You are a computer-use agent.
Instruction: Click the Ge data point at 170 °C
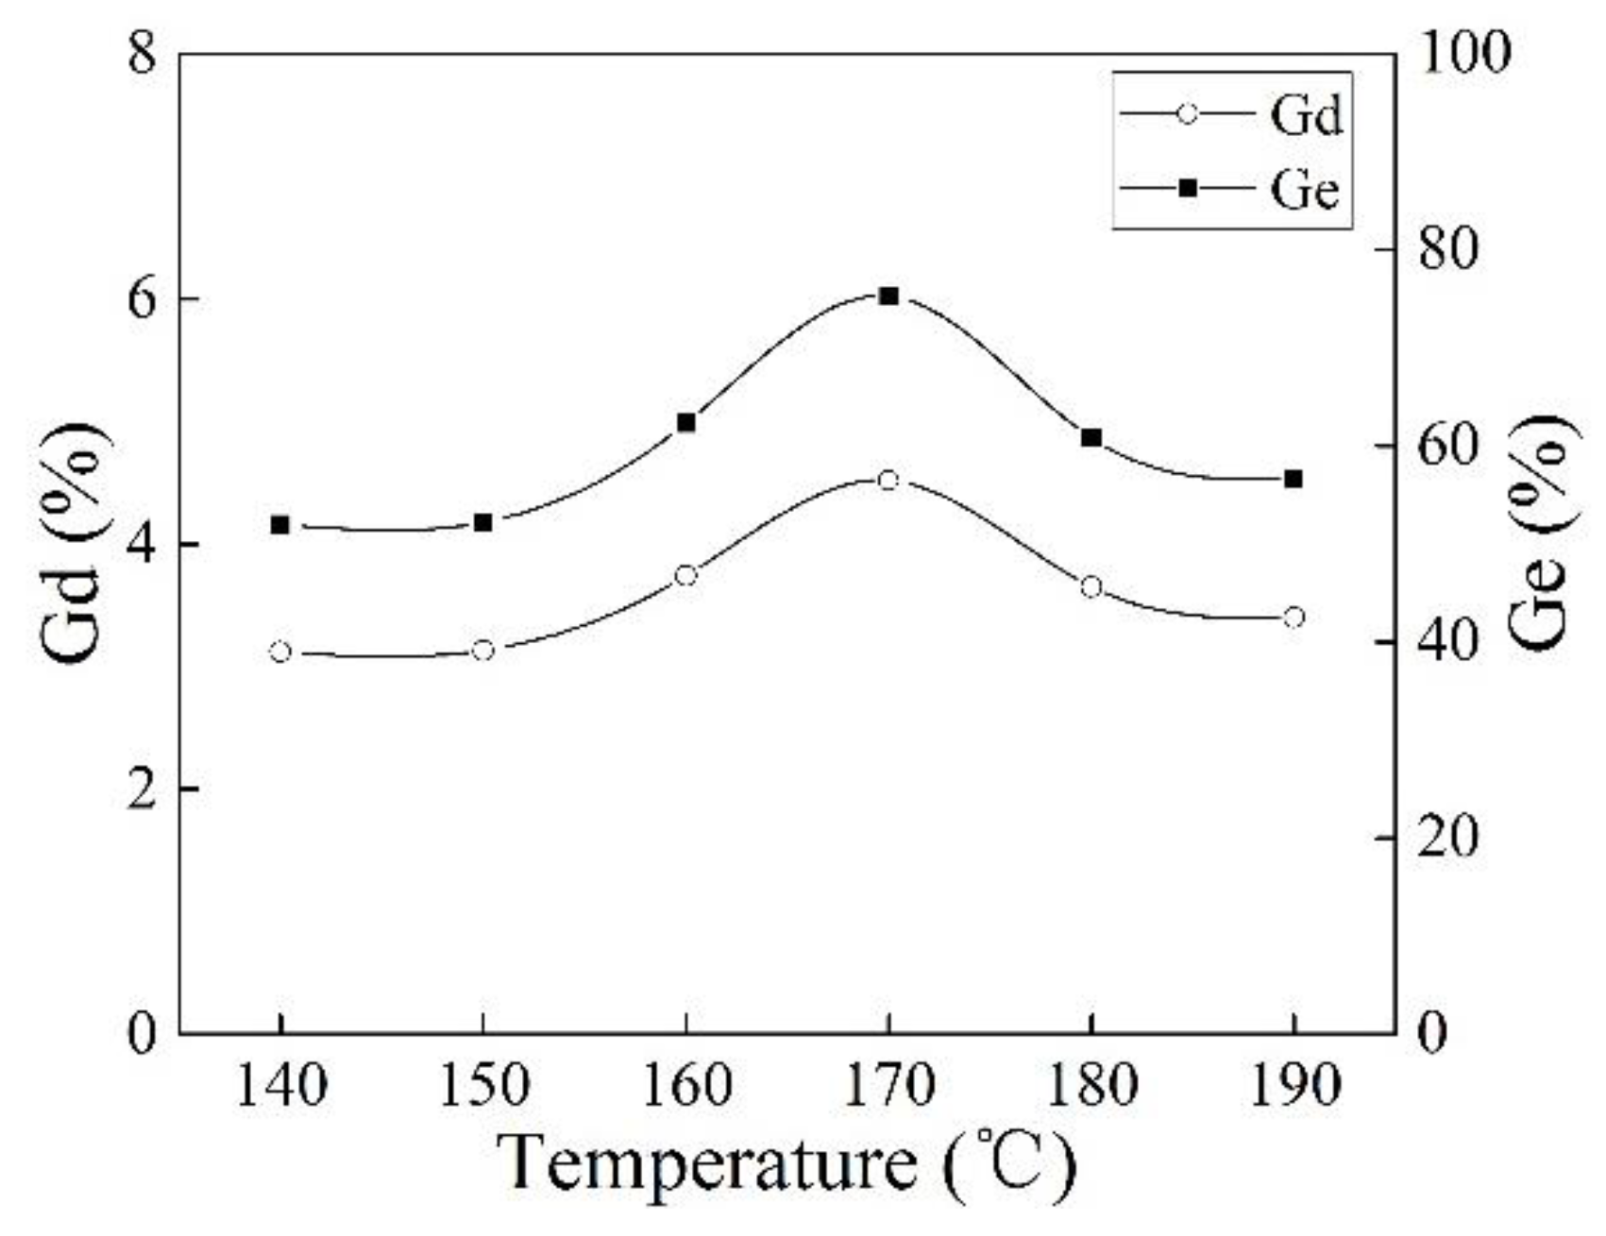point(888,296)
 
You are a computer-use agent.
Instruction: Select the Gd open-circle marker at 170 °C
point(888,480)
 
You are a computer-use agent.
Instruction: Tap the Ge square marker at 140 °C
point(279,525)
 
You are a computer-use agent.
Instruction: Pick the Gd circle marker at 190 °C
point(1293,618)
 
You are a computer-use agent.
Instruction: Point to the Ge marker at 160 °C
point(685,423)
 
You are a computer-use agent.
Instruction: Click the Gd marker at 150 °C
point(482,651)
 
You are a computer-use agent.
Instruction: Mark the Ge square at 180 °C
point(1091,437)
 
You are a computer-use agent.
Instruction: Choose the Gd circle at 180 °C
point(1091,587)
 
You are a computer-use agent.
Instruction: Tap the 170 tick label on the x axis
point(888,1087)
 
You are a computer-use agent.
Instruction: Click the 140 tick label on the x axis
point(279,1087)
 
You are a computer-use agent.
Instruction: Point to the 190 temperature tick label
point(1293,1087)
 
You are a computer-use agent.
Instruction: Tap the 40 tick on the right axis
point(1445,642)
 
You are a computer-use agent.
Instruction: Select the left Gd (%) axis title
point(76,543)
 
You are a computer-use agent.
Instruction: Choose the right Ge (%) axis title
point(1542,533)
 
